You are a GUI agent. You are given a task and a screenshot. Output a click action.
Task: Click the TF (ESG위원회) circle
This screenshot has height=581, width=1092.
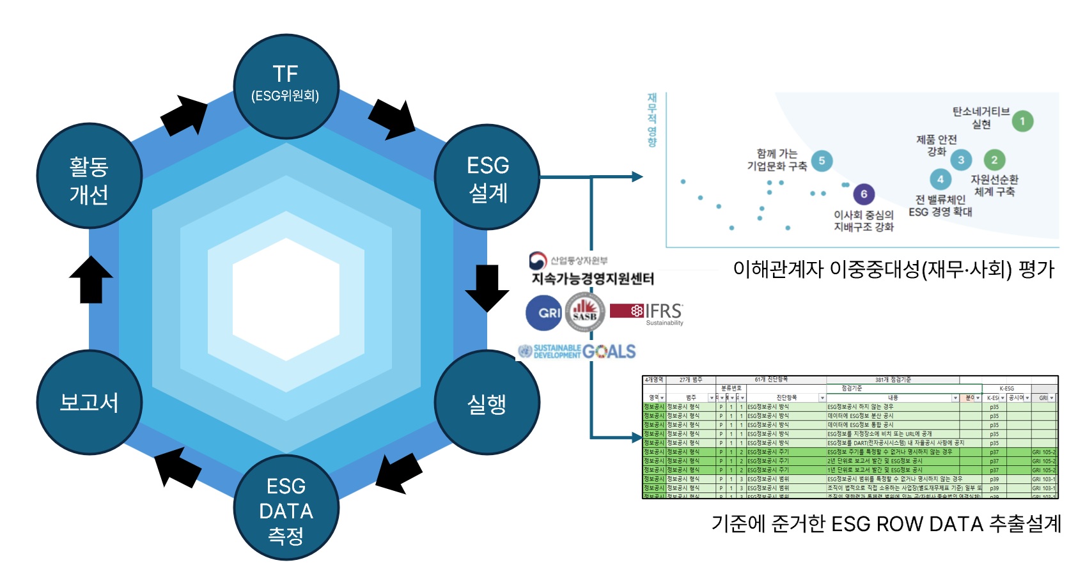pyautogui.click(x=286, y=86)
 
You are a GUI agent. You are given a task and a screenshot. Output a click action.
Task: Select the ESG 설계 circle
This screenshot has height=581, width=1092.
pyautogui.click(x=487, y=177)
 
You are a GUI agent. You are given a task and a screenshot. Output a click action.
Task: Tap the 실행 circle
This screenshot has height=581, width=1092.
pyautogui.click(x=487, y=403)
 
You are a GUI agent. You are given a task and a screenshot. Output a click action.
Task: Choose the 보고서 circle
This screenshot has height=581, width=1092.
pyautogui.click(x=89, y=403)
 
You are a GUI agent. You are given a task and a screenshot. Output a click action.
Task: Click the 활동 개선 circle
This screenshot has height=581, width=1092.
pyautogui.click(x=89, y=177)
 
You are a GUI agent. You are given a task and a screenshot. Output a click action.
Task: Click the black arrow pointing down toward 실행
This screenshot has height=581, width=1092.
pyautogui.click(x=487, y=287)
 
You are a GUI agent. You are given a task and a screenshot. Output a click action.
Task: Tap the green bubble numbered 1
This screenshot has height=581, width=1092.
pyautogui.click(x=1022, y=121)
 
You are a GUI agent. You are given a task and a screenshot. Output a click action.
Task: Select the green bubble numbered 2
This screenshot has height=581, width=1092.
pyautogui.click(x=994, y=160)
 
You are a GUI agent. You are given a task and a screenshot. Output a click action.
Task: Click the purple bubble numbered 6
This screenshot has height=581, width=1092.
pyautogui.click(x=863, y=194)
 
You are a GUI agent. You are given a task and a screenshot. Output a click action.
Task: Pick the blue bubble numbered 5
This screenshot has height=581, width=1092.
pyautogui.click(x=822, y=160)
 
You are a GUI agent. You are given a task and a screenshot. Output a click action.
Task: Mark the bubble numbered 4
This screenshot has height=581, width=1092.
pyautogui.click(x=940, y=180)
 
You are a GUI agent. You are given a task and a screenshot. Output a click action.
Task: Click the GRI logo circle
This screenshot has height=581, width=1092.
pyautogui.click(x=543, y=313)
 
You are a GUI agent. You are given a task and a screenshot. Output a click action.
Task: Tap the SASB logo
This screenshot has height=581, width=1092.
pyautogui.click(x=585, y=313)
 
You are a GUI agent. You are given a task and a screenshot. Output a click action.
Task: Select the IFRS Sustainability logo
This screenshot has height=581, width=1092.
pyautogui.click(x=647, y=313)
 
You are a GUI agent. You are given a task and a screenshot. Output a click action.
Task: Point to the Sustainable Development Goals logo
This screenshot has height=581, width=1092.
pyautogui.click(x=577, y=352)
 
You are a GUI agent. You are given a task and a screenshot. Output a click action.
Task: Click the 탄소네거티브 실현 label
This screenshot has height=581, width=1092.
pyautogui.click(x=981, y=118)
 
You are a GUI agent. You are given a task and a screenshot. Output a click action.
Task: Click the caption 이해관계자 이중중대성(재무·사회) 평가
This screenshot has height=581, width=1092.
pyautogui.click(x=893, y=269)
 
